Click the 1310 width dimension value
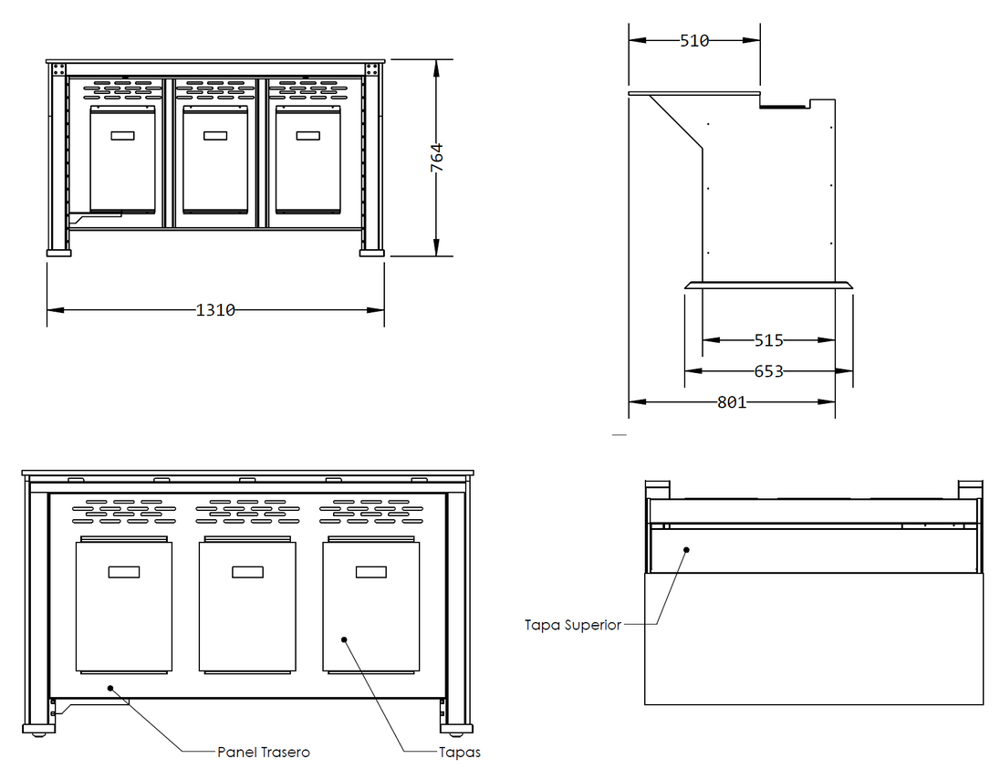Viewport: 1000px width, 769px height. (x=215, y=310)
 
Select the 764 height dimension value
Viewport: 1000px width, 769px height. (x=437, y=158)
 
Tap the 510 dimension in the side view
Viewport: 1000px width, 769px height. (x=694, y=41)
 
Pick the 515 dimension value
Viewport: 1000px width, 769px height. (x=768, y=340)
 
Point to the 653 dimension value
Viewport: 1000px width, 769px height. (x=768, y=371)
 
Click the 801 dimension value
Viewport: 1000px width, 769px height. (x=732, y=402)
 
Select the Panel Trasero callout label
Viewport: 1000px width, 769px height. (x=264, y=753)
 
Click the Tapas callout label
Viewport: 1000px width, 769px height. (x=459, y=753)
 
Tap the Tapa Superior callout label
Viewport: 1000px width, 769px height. (x=573, y=625)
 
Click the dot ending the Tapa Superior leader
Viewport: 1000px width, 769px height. (x=687, y=549)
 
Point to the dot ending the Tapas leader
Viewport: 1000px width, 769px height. (x=344, y=639)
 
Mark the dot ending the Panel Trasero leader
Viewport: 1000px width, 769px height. (x=110, y=688)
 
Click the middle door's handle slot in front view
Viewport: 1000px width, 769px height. (x=215, y=136)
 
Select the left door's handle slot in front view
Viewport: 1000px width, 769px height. (x=122, y=136)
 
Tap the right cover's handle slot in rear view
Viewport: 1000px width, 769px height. (x=371, y=572)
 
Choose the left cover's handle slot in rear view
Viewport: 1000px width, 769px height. (x=124, y=572)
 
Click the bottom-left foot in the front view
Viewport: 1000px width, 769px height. (x=58, y=254)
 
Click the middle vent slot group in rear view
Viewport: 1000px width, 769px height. (x=247, y=512)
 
